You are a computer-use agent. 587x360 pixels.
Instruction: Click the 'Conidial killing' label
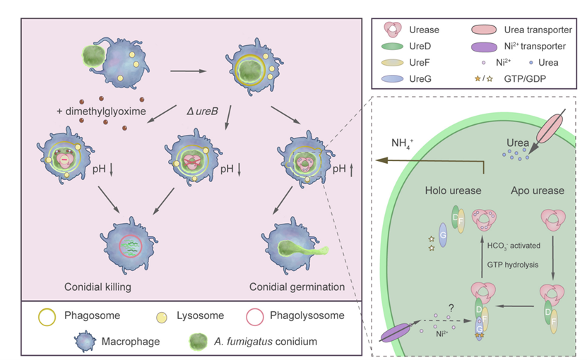100,287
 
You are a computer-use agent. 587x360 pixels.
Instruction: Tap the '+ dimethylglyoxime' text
101,112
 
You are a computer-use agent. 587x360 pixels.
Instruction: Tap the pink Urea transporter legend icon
487,30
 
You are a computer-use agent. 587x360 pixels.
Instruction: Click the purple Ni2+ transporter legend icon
487,46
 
